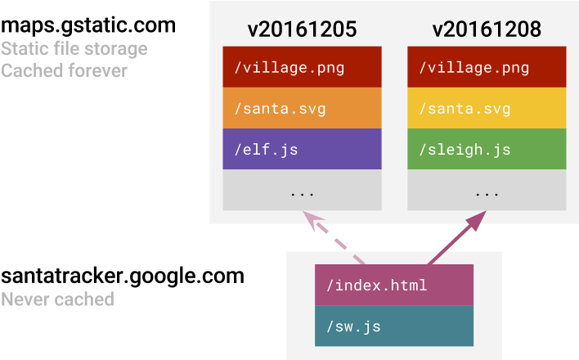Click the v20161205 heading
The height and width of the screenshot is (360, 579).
pos(302,30)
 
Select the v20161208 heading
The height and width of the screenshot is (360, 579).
pos(487,30)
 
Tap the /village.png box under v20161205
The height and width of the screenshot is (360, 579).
pos(302,67)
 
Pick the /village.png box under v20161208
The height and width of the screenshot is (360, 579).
pos(487,67)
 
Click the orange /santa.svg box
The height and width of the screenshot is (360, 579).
pos(302,109)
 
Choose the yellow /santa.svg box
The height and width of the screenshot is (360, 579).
pos(487,109)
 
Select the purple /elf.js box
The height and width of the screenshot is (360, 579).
pos(302,150)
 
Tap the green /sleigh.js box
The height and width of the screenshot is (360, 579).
pos(487,150)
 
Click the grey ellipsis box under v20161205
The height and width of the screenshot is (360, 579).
pos(302,191)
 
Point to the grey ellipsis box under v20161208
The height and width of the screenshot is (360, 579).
pos(487,191)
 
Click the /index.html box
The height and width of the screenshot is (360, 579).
pos(394,286)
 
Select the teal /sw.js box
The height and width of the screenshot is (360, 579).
pos(394,327)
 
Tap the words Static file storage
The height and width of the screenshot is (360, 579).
pos(74,49)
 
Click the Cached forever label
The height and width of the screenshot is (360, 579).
pos(64,71)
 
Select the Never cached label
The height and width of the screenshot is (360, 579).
pos(57,299)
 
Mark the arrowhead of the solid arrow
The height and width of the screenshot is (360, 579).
pos(478,218)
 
